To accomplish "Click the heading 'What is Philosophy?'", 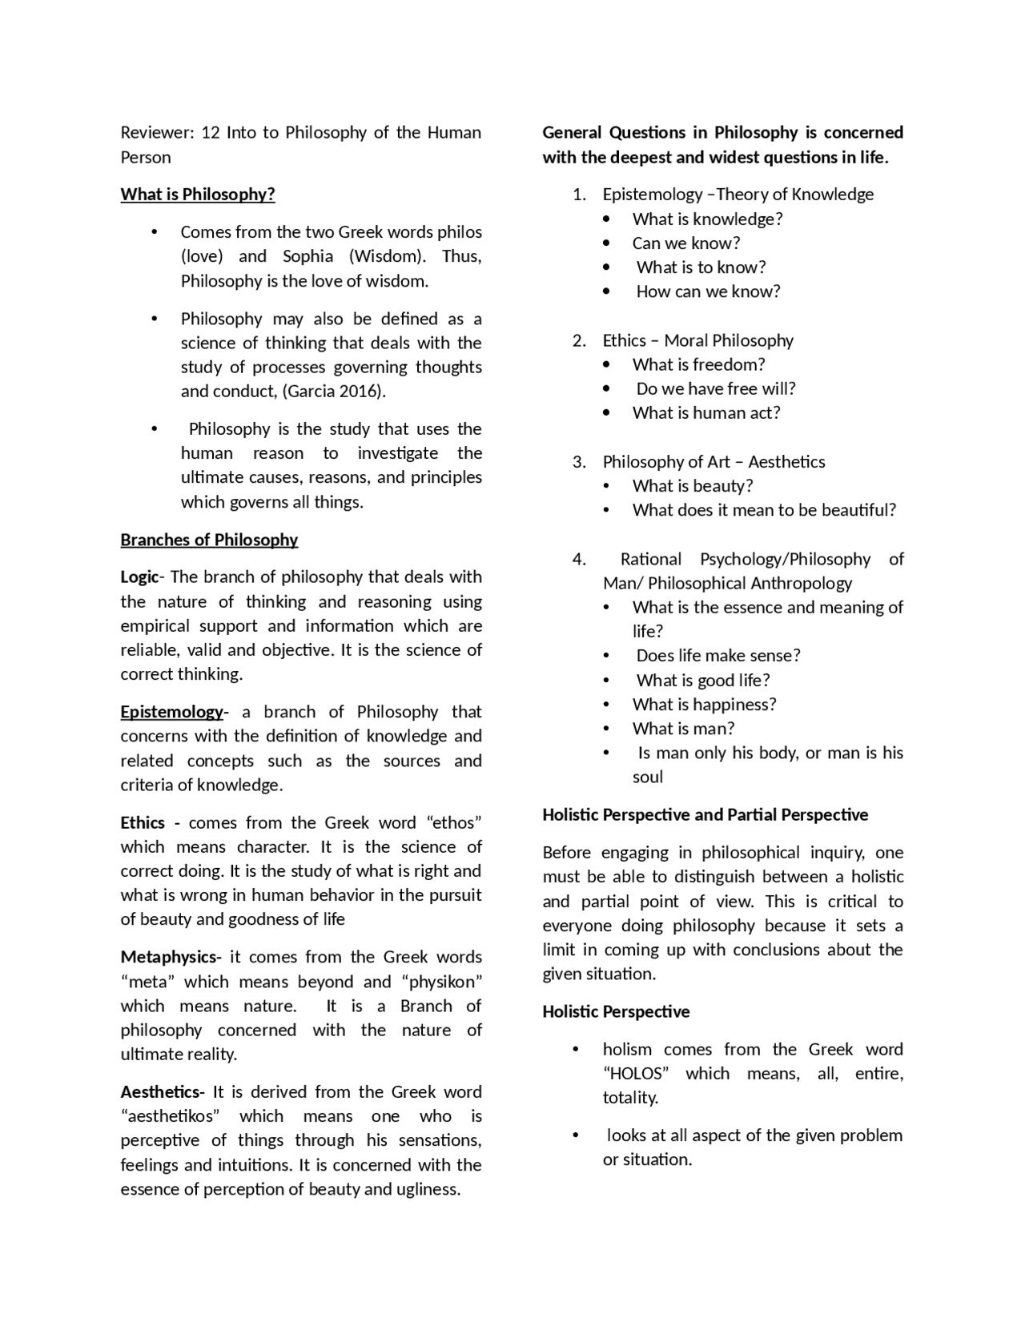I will coord(198,195).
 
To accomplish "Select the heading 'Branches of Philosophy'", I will coord(209,540).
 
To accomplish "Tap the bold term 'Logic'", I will coord(139,577).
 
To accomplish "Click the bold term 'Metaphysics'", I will coord(168,957).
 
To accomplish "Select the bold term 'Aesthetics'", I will coord(161,1092).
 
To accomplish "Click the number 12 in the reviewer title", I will coord(211,133).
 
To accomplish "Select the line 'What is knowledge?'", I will coord(707,219).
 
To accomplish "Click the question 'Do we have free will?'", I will coord(716,389).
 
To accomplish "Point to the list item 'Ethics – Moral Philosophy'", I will coord(697,340).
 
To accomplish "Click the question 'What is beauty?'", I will coord(693,486).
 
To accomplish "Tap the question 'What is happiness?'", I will coord(704,705).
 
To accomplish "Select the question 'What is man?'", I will coord(683,729).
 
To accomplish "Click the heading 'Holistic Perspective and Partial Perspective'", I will coord(705,815).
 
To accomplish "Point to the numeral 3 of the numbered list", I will coord(578,462).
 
